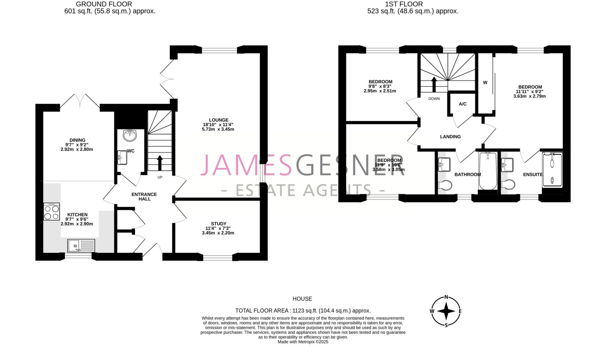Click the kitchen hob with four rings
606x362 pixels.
point(51,211)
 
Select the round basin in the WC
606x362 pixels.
point(130,136)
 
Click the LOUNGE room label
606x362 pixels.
point(219,120)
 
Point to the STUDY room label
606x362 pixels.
point(219,224)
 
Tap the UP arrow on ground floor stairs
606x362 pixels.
point(160,162)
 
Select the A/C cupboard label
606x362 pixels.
point(462,104)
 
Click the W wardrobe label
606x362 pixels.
point(485,83)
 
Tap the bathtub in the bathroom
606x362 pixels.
point(488,171)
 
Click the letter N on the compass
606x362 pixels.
point(446,298)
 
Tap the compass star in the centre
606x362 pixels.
point(446,311)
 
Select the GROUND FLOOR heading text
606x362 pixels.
point(104,4)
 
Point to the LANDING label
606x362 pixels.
point(450,137)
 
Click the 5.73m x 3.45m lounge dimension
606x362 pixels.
point(219,129)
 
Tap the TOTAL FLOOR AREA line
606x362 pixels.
point(303,311)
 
